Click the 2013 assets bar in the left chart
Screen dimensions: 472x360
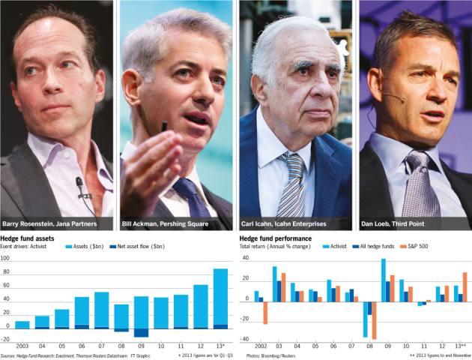(220, 297)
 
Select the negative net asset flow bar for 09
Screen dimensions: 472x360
(141, 332)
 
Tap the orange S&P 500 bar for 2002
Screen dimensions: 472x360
(265, 313)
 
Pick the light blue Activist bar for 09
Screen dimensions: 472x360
(384, 280)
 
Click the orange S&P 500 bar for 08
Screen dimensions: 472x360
(374, 320)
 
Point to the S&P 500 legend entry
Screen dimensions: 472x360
(414, 247)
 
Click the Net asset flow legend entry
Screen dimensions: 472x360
(137, 247)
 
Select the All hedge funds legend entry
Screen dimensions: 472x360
(373, 247)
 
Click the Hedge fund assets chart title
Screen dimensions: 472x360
(28, 238)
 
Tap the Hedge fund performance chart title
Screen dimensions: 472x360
(276, 238)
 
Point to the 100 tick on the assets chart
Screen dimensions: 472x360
(5, 258)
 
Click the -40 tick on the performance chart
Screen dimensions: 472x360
(245, 339)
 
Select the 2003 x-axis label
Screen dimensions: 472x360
(22, 346)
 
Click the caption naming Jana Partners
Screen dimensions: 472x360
(49, 223)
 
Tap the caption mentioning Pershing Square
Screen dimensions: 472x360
(165, 223)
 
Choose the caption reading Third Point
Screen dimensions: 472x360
(393, 223)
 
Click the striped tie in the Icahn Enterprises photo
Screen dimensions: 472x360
(291, 184)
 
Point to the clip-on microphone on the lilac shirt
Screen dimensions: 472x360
(79, 184)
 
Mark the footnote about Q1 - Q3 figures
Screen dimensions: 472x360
(205, 355)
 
